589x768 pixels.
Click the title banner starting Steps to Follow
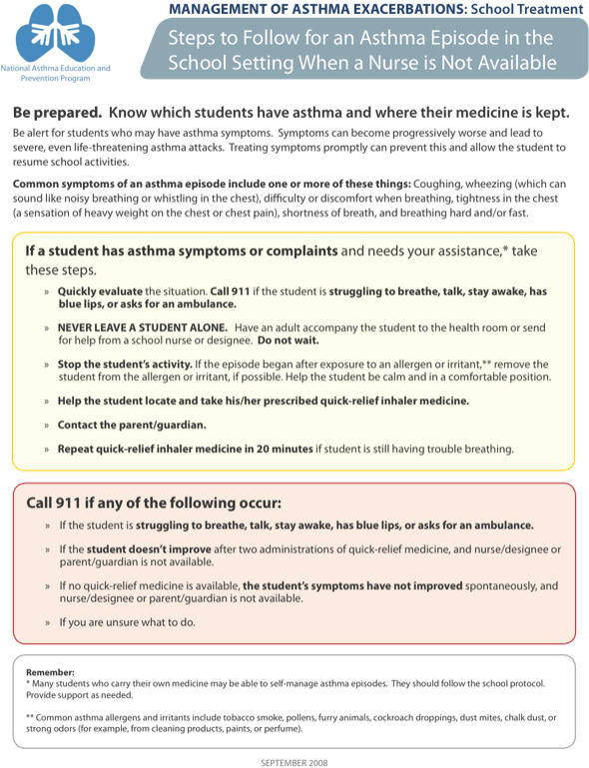click(x=360, y=50)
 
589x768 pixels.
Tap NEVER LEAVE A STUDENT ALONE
click(x=142, y=327)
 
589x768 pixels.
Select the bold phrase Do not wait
click(x=290, y=340)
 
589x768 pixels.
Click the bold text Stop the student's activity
click(x=125, y=364)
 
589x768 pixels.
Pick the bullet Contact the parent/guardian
click(x=132, y=425)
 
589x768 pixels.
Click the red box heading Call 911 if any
click(x=153, y=502)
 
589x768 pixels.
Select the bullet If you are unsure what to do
click(x=127, y=622)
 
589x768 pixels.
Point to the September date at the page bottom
click(x=294, y=762)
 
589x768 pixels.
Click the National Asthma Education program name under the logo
click(x=56, y=72)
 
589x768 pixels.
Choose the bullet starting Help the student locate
click(x=250, y=401)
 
